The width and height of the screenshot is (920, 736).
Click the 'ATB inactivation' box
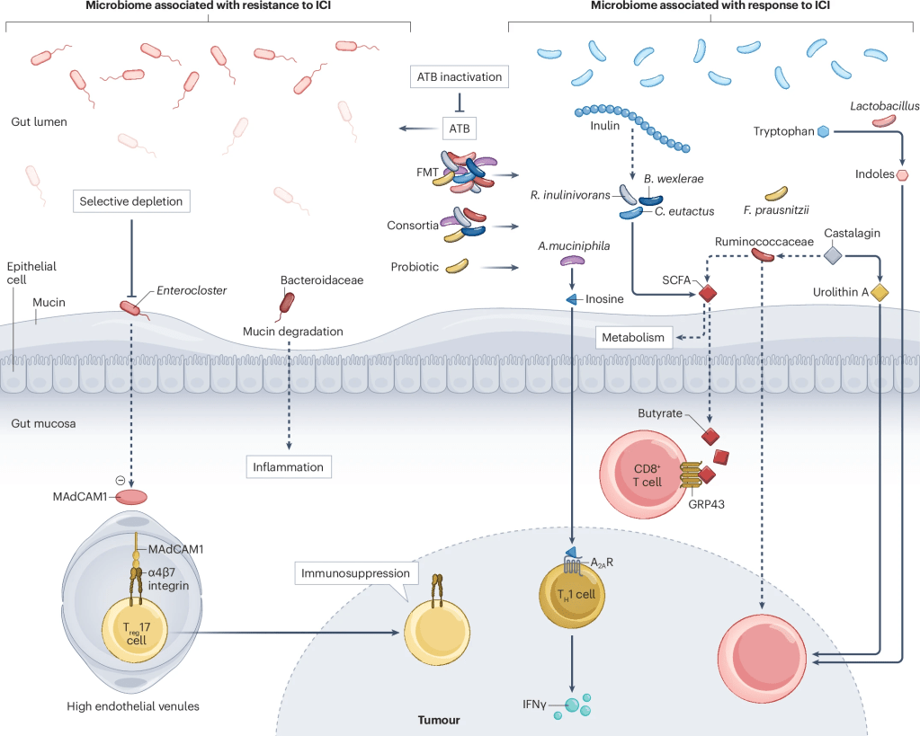(x=459, y=77)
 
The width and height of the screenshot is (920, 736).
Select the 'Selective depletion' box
(x=131, y=201)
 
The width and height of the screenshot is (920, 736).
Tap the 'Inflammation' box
(x=289, y=467)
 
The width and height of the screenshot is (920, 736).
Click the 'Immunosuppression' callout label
(x=356, y=572)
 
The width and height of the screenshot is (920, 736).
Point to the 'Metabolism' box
(x=634, y=338)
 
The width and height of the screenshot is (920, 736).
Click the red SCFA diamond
(x=707, y=292)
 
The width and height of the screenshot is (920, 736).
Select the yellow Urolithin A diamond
(x=879, y=292)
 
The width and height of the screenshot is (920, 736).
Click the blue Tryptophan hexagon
(x=822, y=132)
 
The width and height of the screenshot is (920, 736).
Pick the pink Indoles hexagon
(x=902, y=175)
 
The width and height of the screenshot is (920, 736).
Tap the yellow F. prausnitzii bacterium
(x=776, y=193)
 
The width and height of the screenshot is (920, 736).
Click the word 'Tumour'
(x=440, y=720)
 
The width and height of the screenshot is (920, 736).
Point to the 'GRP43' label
(x=702, y=504)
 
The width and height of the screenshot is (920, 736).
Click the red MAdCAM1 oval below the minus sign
(x=130, y=496)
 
